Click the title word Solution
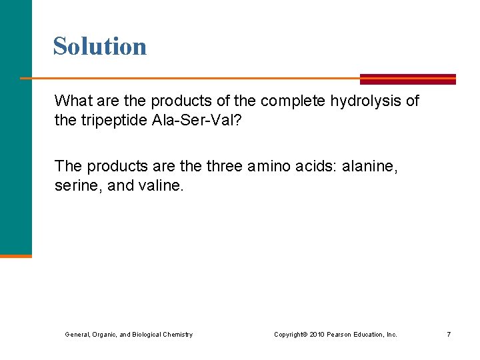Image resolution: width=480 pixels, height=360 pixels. click(x=100, y=46)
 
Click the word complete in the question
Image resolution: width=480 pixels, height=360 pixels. click(x=291, y=101)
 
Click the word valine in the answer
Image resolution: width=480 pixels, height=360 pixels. click(x=159, y=186)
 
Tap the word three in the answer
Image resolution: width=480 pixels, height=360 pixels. click(x=223, y=165)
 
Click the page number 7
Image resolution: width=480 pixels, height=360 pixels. click(x=449, y=334)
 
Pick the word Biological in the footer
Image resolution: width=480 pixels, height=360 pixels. click(x=143, y=334)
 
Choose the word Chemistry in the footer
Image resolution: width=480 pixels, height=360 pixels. click(x=176, y=334)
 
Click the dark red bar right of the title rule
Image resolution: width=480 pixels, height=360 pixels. click(x=407, y=79)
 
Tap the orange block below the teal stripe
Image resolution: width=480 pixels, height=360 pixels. click(x=16, y=255)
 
